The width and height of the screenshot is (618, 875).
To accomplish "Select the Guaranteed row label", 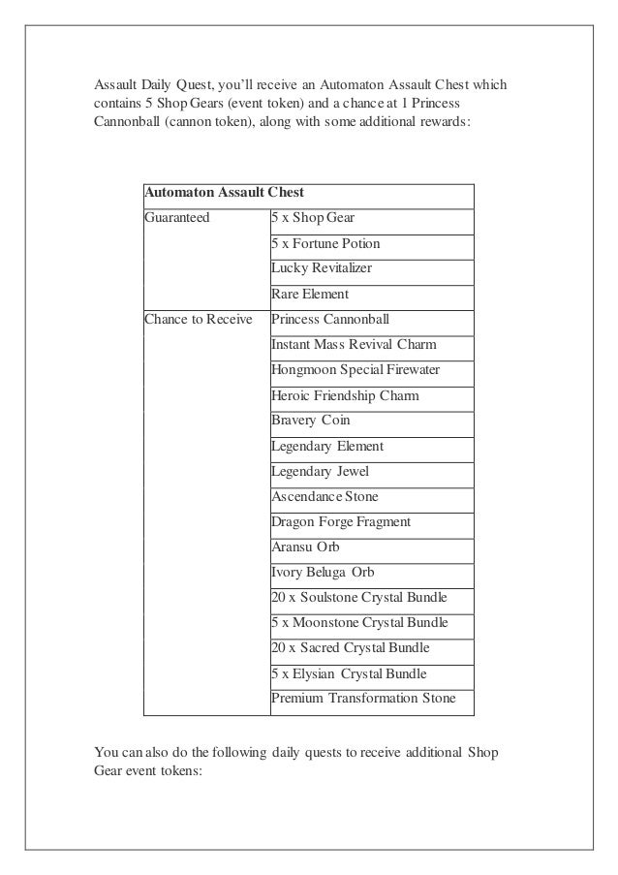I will coord(177,218).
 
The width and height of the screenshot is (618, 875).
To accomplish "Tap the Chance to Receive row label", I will coord(199,319).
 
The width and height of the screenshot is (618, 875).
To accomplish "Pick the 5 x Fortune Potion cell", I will coord(325,243).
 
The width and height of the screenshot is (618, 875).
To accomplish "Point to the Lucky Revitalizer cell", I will coord(322,268).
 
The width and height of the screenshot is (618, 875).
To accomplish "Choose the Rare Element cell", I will coord(310,294).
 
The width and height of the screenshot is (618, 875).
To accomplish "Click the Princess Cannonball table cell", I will coord(332,319).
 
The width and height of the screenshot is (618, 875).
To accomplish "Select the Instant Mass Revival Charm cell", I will coord(354,344).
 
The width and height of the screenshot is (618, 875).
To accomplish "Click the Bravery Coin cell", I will coord(311,421).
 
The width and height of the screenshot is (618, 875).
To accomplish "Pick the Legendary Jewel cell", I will coord(320,471).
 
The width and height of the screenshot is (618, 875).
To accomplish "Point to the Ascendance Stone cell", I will coord(324,496).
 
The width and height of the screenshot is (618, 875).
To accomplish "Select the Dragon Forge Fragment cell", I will coord(341,521).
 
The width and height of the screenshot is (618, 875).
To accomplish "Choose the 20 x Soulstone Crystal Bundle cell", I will coord(359,597).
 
